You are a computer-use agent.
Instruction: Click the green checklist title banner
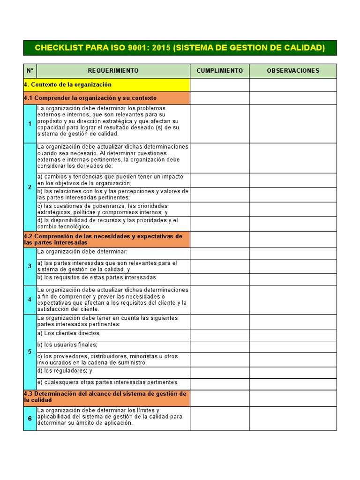(x=180, y=48)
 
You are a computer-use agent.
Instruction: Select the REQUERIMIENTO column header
(x=113, y=71)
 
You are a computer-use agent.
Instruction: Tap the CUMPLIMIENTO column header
(x=219, y=71)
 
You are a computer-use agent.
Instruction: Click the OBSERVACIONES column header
(x=293, y=71)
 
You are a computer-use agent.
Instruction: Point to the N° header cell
(x=30, y=71)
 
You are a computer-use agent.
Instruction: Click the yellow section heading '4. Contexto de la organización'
(x=107, y=85)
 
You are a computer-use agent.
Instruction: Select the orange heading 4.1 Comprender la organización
(x=107, y=98)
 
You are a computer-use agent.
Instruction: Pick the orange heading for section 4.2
(x=107, y=240)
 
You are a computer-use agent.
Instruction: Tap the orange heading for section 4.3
(x=107, y=397)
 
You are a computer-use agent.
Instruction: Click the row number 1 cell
(x=30, y=124)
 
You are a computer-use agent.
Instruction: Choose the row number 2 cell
(x=30, y=187)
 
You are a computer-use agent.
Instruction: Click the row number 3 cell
(x=30, y=266)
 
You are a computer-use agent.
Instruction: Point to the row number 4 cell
(x=30, y=299)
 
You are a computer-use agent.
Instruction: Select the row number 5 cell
(x=30, y=352)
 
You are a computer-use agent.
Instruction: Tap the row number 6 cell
(x=30, y=418)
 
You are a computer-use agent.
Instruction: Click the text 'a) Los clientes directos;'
(x=69, y=333)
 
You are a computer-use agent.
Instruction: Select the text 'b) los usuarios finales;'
(x=67, y=345)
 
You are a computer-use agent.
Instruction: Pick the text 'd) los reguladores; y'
(x=65, y=371)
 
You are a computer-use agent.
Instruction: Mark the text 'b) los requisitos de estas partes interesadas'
(x=97, y=277)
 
